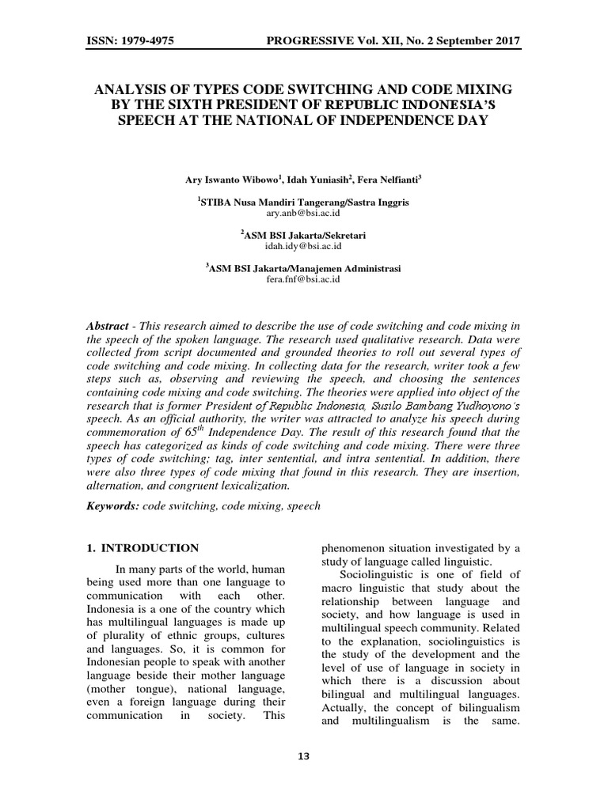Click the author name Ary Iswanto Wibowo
[229, 181]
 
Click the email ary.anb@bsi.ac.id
[304, 214]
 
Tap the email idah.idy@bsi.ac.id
[304, 246]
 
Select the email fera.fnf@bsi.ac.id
[304, 279]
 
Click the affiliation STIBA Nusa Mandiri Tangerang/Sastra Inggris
[305, 203]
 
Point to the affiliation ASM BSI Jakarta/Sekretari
[305, 236]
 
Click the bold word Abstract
[108, 326]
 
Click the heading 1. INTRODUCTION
[142, 547]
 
